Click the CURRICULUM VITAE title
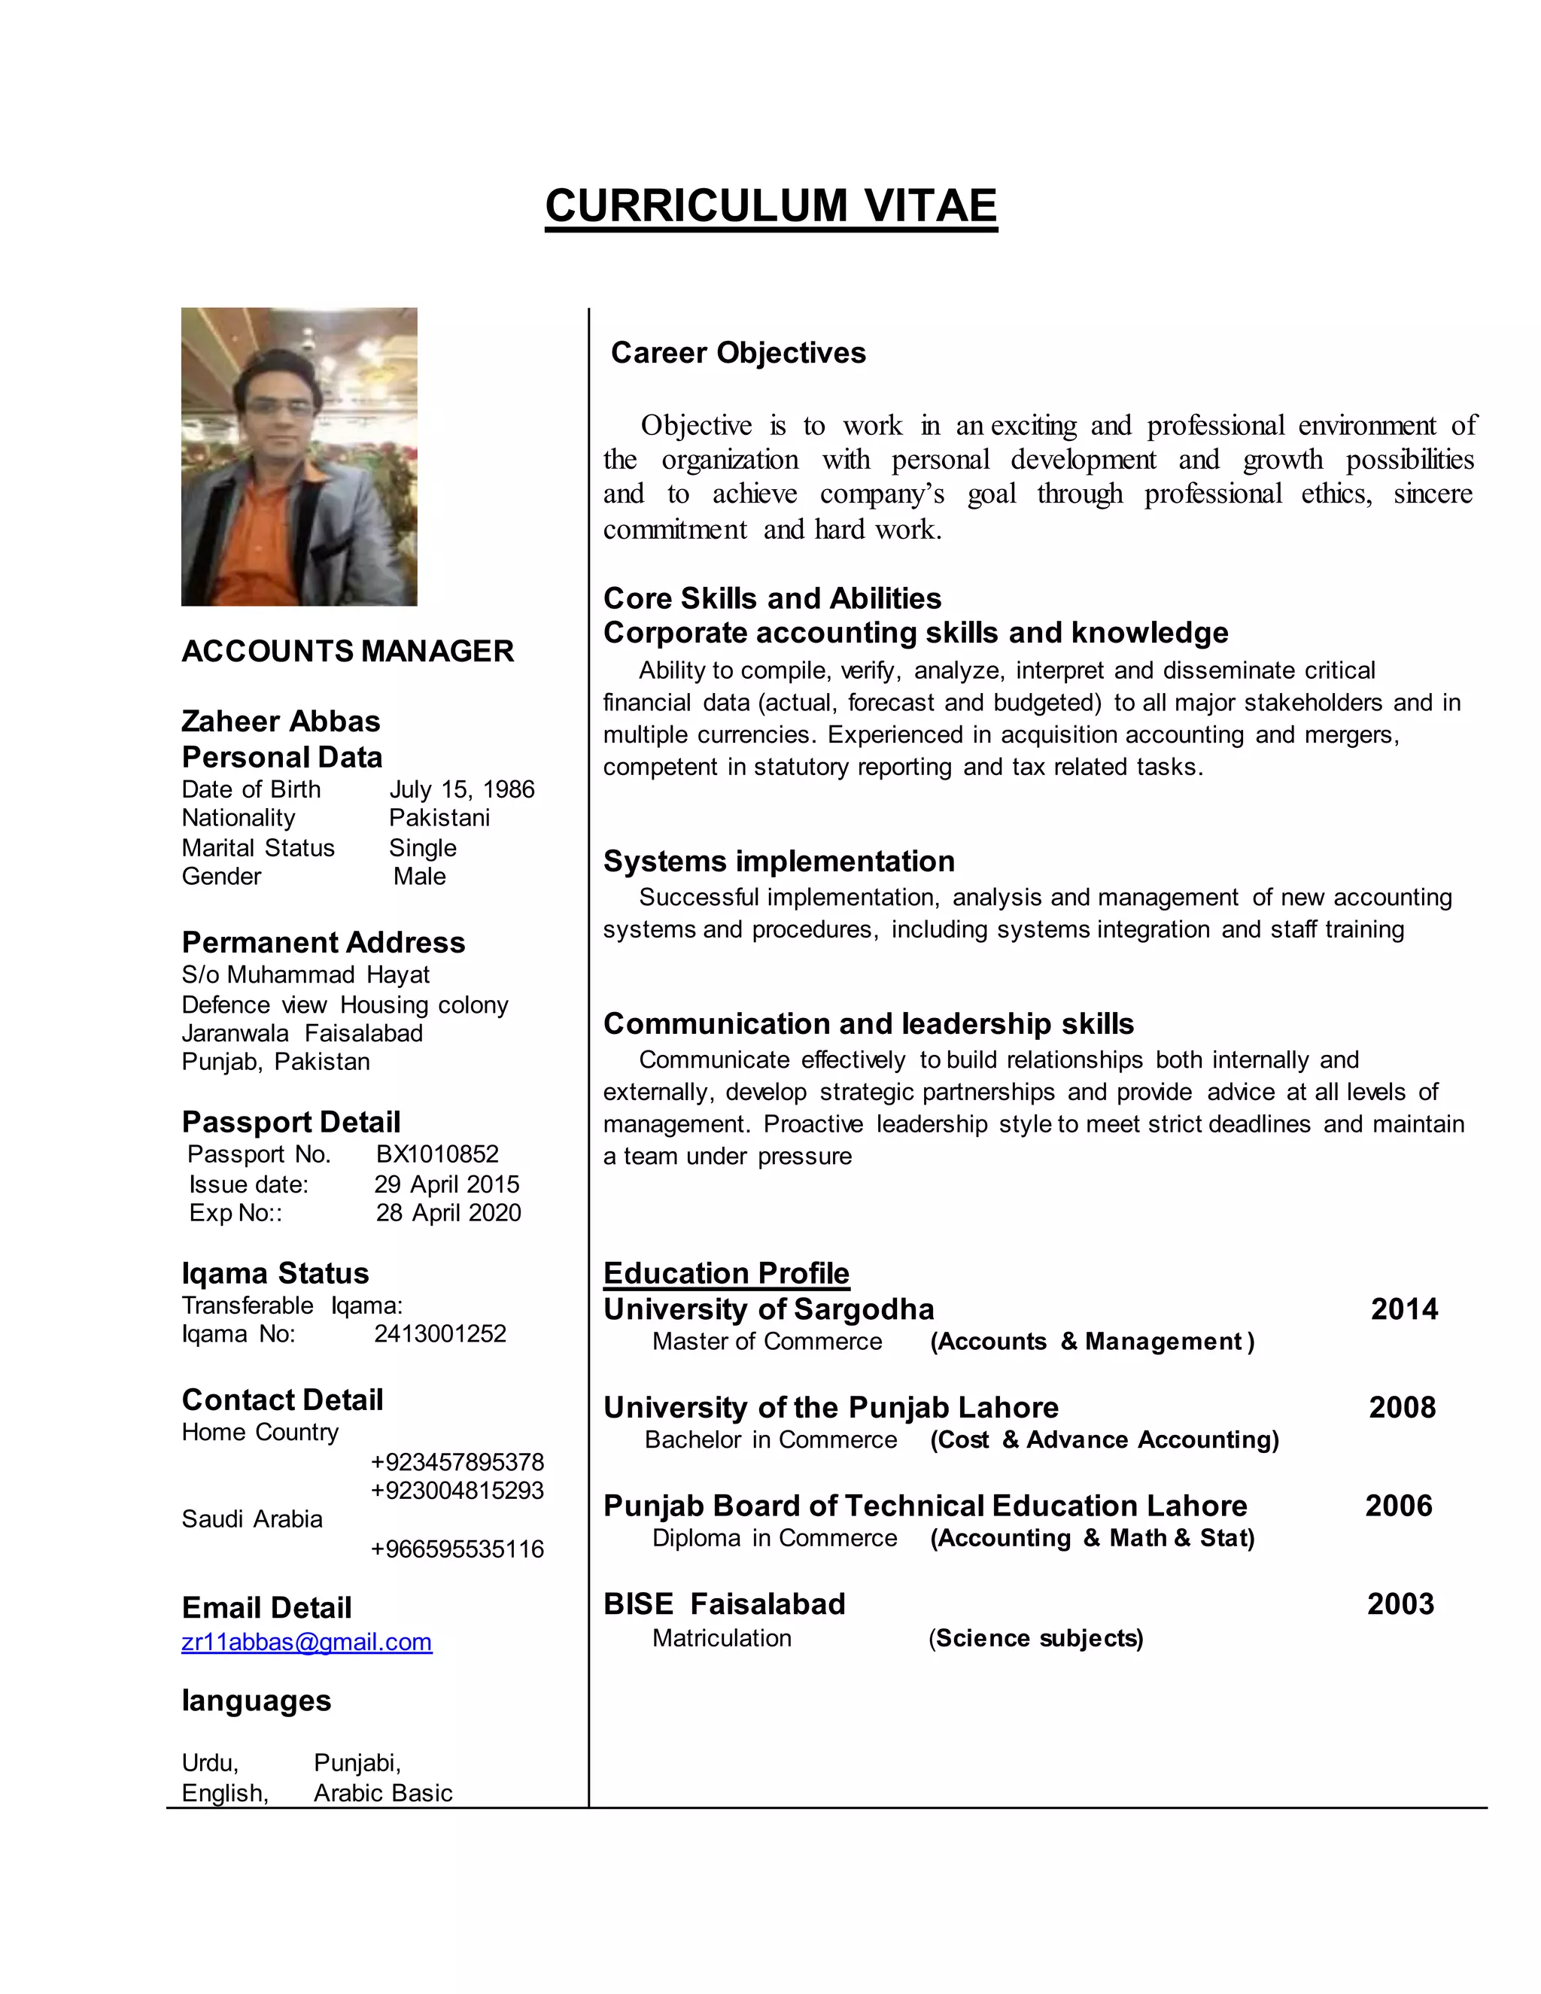tap(770, 205)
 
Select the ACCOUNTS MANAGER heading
tap(347, 651)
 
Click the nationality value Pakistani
tap(439, 817)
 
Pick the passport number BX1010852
tap(437, 1154)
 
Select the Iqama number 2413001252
tap(440, 1334)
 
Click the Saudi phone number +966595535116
tap(457, 1549)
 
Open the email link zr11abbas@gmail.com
tap(307, 1642)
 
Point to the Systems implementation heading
tap(779, 861)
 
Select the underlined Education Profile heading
tap(726, 1272)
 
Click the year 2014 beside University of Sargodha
tap(1404, 1309)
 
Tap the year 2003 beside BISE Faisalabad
tap(1400, 1604)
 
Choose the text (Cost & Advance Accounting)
tap(1105, 1439)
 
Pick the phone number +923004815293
tap(457, 1490)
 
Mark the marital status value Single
tap(423, 847)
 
